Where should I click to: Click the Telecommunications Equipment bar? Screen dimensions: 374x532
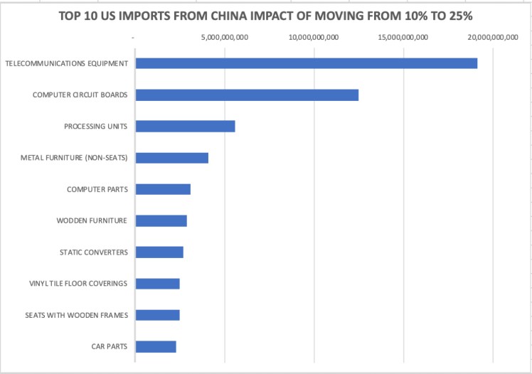[x=306, y=63]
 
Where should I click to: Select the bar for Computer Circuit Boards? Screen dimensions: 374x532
[x=247, y=95]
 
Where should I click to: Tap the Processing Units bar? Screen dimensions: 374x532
[x=185, y=127]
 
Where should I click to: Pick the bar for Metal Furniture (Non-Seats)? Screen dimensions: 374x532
[x=171, y=158]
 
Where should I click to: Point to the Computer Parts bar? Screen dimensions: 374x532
[x=163, y=189]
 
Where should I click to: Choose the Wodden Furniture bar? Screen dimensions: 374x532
[x=161, y=220]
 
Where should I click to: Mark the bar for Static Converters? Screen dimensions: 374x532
[x=159, y=252]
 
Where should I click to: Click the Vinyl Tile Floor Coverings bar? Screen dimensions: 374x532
[x=157, y=284]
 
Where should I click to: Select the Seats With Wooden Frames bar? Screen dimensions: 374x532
[x=157, y=315]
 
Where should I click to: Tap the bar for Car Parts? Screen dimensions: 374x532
[x=156, y=346]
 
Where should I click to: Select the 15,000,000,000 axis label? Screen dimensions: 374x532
[x=402, y=37]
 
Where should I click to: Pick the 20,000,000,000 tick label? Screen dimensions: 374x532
[x=491, y=37]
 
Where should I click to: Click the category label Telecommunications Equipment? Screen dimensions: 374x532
[x=67, y=63]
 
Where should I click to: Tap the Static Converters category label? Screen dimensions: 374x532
[x=94, y=252]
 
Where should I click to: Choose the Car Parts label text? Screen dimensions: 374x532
[x=110, y=346]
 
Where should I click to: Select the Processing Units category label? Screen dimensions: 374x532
[x=95, y=127]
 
